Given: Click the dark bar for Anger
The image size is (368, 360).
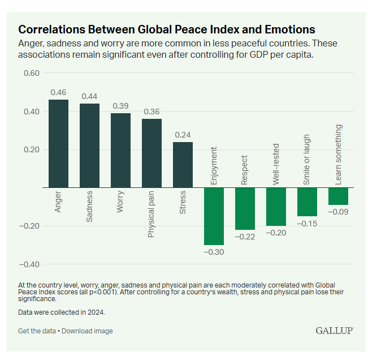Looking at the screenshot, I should tap(58, 143).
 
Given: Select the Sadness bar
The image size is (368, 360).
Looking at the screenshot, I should tap(89, 145).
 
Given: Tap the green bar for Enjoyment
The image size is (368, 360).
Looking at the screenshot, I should tap(214, 216).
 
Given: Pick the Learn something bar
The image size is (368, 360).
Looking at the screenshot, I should tap(338, 196).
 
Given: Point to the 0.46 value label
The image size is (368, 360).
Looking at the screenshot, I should tap(58, 92).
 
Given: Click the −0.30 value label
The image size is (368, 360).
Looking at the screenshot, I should tap(214, 252).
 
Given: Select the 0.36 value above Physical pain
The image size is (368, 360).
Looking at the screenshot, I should tap(151, 111).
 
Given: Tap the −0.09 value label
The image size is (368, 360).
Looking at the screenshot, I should tap(338, 212).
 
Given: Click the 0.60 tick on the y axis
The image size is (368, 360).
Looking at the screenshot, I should tap(32, 73).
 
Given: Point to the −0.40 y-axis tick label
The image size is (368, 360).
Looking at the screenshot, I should tap(30, 264).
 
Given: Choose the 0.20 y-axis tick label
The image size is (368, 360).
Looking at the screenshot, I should tap(32, 150).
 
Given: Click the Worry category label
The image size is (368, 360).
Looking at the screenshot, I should tap(120, 202).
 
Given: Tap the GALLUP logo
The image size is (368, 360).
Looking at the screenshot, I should tap(334, 331).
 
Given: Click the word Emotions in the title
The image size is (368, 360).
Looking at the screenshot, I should tap(285, 29).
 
